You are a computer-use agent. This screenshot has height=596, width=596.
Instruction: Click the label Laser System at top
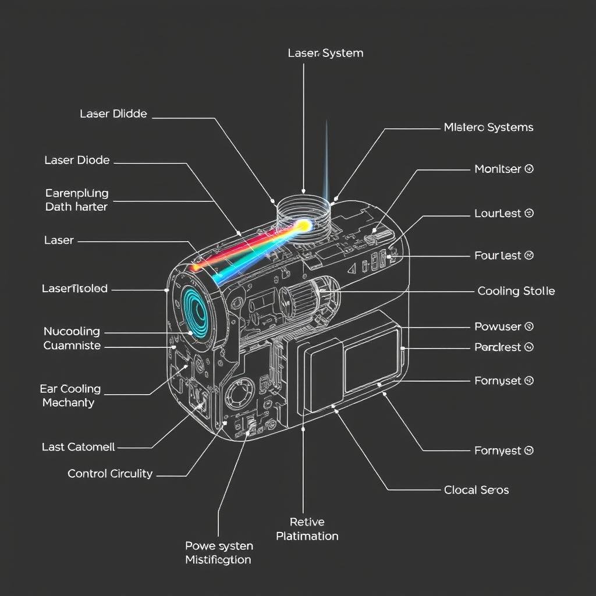point(325,53)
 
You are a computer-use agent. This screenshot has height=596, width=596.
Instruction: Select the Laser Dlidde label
point(113,114)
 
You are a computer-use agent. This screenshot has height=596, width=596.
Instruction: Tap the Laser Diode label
point(77,160)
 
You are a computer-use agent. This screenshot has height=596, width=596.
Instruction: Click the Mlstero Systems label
point(488,127)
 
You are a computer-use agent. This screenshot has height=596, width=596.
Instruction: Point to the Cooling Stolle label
point(516,291)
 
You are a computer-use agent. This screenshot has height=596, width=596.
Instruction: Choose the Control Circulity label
point(110,474)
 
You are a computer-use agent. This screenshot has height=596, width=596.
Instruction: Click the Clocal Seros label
point(476,490)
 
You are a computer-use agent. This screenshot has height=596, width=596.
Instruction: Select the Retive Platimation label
point(307,529)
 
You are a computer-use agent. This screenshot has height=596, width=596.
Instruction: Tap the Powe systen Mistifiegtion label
point(218,553)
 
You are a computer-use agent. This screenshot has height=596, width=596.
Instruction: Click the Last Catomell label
point(78,447)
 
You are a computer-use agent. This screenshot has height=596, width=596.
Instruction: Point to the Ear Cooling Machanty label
point(70,396)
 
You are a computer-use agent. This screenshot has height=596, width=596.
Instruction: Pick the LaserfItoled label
point(74,289)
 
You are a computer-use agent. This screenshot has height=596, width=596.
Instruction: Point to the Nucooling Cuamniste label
point(72,339)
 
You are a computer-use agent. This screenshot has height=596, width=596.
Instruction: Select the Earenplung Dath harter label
point(76,200)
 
